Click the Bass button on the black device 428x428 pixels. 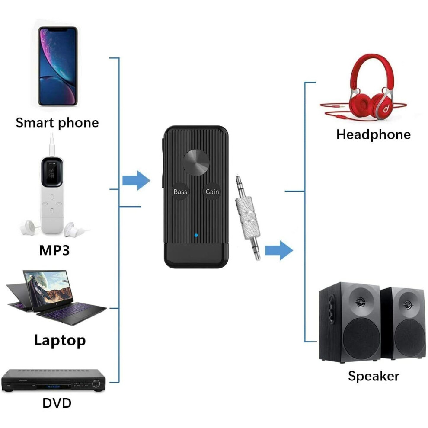(x=180, y=192)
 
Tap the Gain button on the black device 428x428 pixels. (x=212, y=192)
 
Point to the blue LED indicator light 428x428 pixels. (x=196, y=235)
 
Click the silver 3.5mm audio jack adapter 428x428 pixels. (x=247, y=217)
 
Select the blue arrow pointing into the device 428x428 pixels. (x=136, y=180)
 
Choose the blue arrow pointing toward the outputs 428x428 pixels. (x=279, y=250)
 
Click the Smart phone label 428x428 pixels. (x=57, y=123)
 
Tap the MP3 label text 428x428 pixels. (x=54, y=250)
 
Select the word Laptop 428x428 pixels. (x=60, y=341)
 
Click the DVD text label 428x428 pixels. (x=57, y=403)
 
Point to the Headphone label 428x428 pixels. (x=374, y=134)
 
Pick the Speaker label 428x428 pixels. (x=374, y=377)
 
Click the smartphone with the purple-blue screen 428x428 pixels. (x=58, y=66)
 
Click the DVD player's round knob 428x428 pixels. (x=96, y=383)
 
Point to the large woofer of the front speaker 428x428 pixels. (x=361, y=339)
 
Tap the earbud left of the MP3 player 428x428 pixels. (x=28, y=228)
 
